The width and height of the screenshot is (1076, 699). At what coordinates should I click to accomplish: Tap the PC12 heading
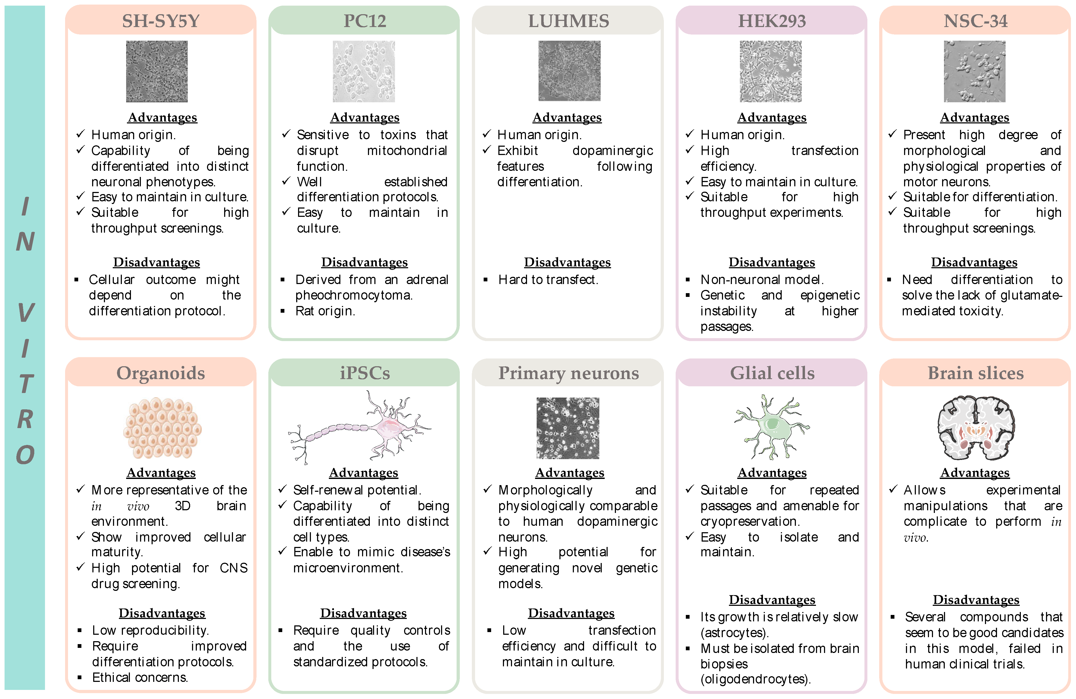(364, 21)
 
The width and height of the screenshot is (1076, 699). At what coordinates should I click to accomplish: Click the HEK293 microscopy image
(770, 71)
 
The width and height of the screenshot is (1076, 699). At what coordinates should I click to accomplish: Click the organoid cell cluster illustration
(162, 428)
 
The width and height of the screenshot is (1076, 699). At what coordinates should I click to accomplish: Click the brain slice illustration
(976, 428)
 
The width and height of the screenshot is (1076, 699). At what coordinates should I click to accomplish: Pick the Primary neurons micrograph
(568, 428)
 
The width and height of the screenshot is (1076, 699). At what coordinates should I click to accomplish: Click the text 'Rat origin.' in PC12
(325, 311)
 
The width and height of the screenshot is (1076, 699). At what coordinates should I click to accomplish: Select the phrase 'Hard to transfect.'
(548, 280)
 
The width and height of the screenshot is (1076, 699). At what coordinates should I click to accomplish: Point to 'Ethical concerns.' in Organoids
(140, 677)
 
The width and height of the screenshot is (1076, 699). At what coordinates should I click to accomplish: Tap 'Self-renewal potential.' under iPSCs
(357, 490)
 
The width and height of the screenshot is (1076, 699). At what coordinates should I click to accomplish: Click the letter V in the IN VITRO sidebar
(25, 313)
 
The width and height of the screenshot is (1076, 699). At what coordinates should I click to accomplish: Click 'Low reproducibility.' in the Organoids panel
(150, 630)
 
